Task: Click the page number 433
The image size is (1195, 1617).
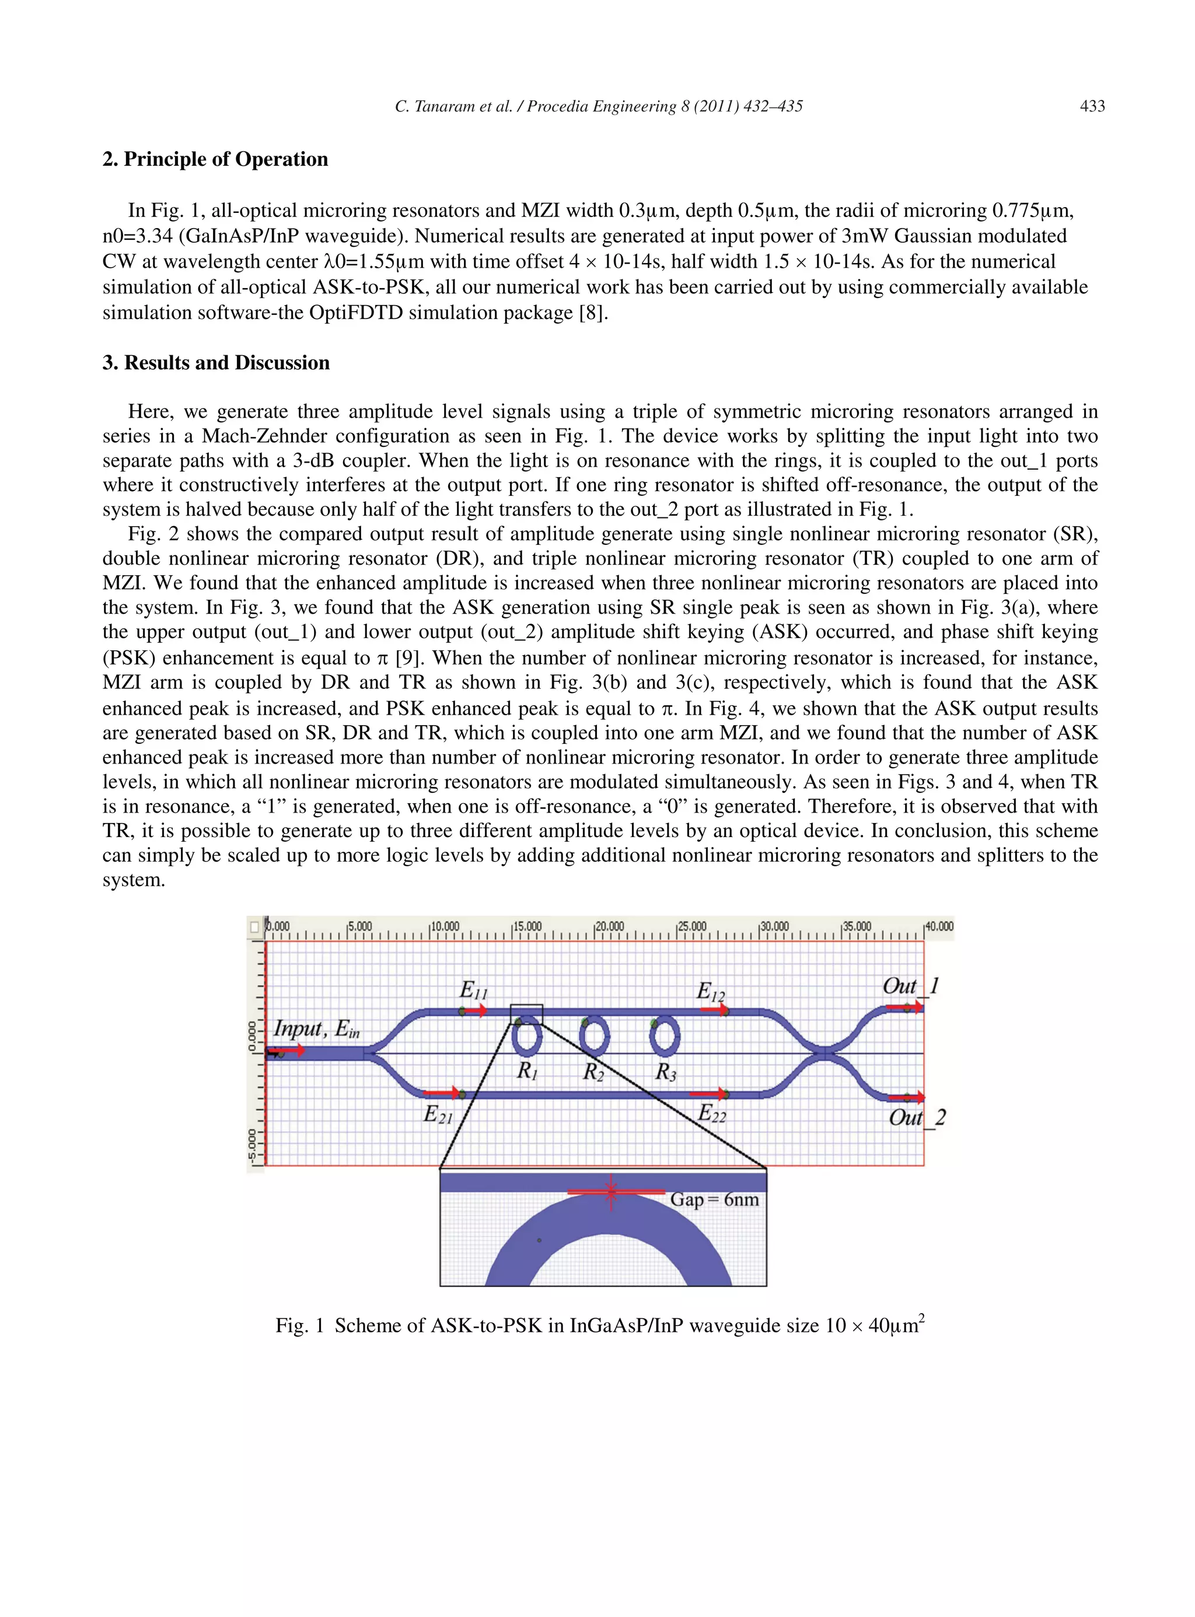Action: (1092, 106)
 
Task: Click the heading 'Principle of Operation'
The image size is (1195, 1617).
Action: (225, 159)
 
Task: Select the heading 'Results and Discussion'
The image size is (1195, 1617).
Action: (226, 362)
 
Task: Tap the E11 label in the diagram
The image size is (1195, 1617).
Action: (474, 989)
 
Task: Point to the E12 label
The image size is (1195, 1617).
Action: (710, 991)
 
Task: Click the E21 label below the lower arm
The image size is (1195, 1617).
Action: (438, 1114)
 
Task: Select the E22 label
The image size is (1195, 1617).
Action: (712, 1113)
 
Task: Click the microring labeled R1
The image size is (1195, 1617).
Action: (527, 1037)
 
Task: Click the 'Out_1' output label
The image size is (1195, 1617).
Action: (910, 986)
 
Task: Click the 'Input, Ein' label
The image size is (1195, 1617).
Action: (316, 1028)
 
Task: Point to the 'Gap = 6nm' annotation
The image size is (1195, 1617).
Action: (714, 1200)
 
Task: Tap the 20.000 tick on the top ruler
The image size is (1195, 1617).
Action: (609, 926)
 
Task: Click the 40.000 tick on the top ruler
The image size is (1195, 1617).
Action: (939, 926)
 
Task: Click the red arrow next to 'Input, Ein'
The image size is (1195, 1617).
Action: (286, 1051)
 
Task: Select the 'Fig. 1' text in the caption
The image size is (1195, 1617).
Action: (299, 1325)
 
